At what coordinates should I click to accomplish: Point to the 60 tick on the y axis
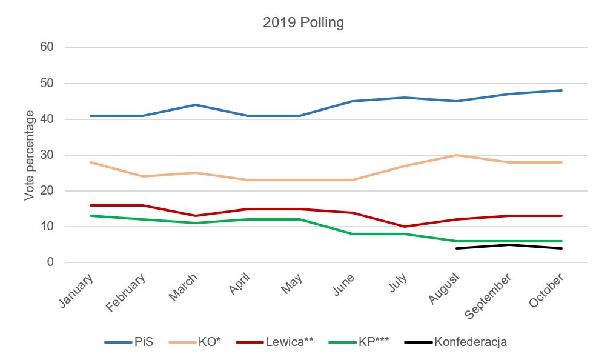(x=47, y=47)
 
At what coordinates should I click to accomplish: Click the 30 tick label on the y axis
(x=47, y=155)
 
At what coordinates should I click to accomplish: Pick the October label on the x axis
(x=547, y=290)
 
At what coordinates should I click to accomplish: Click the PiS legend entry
(x=128, y=342)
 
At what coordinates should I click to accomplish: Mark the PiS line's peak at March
(x=196, y=105)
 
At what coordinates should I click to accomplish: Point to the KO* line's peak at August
(x=456, y=155)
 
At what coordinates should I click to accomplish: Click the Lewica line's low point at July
(x=404, y=227)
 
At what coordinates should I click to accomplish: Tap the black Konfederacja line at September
(x=509, y=245)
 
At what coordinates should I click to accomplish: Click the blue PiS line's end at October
(x=561, y=90)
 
